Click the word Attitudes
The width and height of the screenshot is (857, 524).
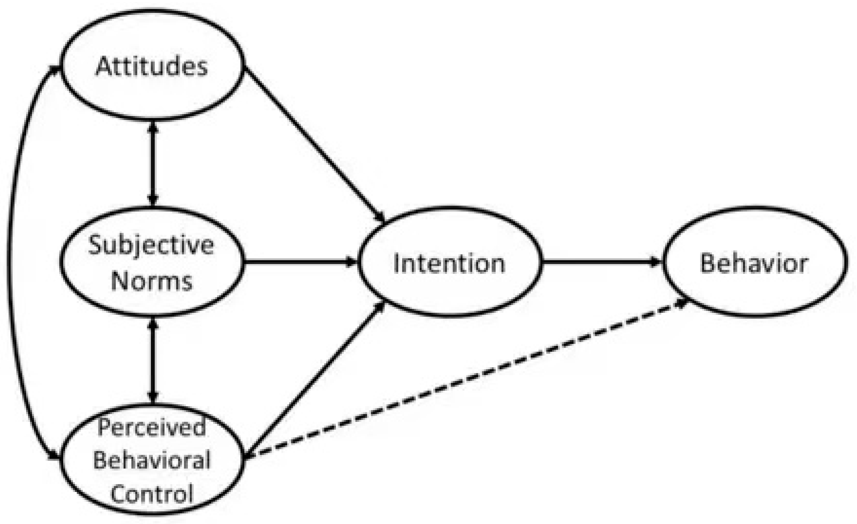coord(152,66)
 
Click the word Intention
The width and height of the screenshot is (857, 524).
coord(449,264)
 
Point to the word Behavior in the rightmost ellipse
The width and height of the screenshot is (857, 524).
coord(754,263)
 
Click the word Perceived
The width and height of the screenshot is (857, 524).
coord(152,427)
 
